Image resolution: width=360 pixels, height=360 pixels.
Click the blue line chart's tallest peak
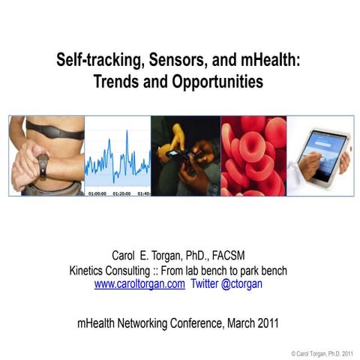126,133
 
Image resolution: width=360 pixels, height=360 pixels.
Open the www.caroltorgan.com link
139,284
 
